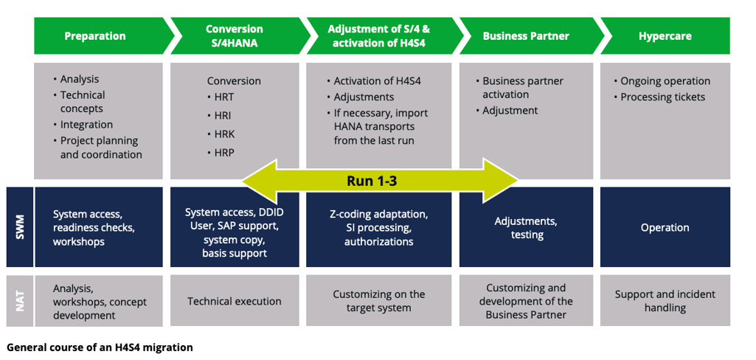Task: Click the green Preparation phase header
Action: [95, 36]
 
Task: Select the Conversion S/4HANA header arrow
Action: [234, 36]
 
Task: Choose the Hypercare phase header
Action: [664, 36]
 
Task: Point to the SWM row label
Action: [20, 227]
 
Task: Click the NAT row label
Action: [20, 301]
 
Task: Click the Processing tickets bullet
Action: [662, 97]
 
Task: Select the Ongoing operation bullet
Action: [665, 81]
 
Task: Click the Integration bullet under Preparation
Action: [86, 125]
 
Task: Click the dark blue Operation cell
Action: [665, 228]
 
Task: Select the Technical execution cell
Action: [235, 301]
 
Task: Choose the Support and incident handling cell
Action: [665, 301]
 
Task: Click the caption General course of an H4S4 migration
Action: [100, 347]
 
